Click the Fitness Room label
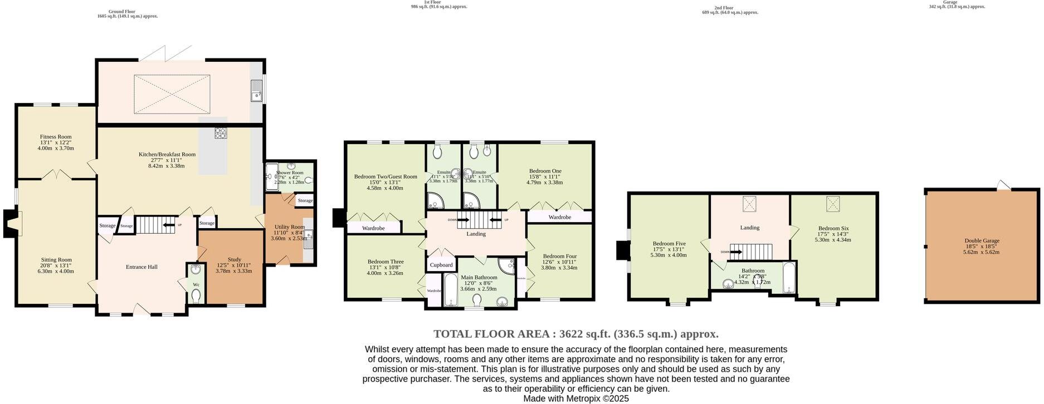tap(56, 137)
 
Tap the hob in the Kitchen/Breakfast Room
tap(221, 133)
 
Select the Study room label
tap(234, 259)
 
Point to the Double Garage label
tap(982, 241)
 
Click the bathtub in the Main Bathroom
tap(450, 289)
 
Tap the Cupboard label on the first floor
tap(441, 265)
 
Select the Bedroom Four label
tap(559, 257)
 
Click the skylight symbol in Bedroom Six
tap(833, 204)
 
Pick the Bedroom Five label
tap(669, 244)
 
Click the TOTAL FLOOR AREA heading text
tap(576, 334)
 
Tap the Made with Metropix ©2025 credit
tap(576, 398)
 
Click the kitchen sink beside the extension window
tap(256, 90)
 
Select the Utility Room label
tap(289, 227)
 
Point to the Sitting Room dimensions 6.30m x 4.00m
tap(56, 272)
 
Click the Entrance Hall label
tap(142, 267)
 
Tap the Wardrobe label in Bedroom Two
tap(373, 228)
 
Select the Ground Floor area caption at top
tap(128, 14)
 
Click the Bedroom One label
tap(545, 171)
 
